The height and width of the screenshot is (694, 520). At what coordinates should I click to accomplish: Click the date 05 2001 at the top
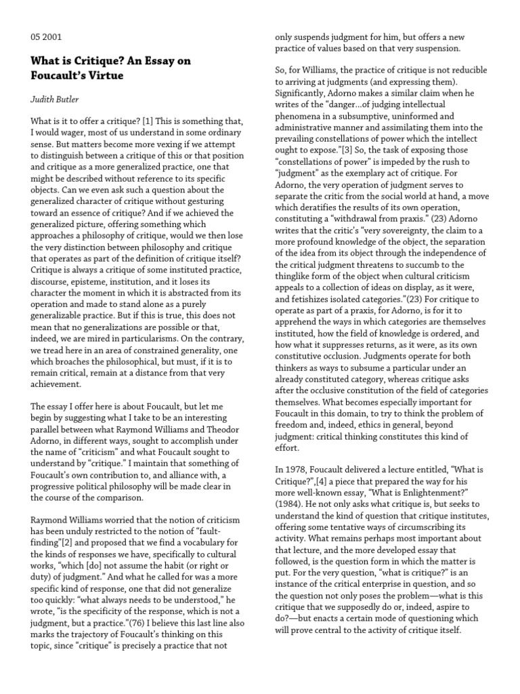tap(46, 37)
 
